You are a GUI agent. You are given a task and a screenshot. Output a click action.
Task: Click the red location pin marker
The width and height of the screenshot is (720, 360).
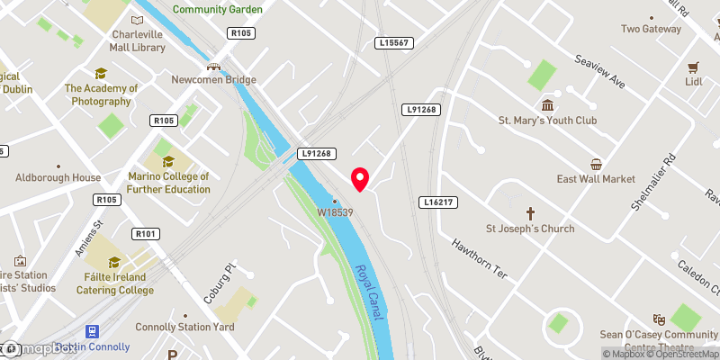pos(360,179)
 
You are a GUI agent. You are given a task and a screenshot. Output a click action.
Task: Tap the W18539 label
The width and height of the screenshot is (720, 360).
pos(333,212)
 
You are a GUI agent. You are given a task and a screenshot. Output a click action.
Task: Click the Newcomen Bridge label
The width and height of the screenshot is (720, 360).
pos(214,79)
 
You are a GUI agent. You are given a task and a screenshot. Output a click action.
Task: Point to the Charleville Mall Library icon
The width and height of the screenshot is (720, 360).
pos(137,20)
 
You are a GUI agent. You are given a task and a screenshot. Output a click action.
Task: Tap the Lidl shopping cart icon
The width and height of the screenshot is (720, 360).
pos(693,67)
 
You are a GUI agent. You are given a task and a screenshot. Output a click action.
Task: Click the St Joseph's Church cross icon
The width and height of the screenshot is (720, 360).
pos(530,213)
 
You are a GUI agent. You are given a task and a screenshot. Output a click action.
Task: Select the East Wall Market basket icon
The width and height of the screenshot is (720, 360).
pos(596,164)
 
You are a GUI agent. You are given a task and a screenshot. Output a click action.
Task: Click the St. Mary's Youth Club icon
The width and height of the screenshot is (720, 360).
pos(548,103)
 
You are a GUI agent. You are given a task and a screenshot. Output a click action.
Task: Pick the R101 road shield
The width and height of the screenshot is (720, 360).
pos(145,234)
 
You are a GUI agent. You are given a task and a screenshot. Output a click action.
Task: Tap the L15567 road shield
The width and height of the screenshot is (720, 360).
pos(393,43)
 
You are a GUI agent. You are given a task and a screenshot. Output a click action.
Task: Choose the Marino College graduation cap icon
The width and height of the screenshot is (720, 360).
pos(168,162)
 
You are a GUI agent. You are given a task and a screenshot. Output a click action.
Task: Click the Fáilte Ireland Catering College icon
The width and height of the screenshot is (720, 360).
pos(114,263)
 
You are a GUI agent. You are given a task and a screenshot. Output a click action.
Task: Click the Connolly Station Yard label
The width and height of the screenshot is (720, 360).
pos(184,327)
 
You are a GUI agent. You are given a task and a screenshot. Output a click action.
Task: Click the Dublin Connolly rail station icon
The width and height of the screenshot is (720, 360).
pos(92,331)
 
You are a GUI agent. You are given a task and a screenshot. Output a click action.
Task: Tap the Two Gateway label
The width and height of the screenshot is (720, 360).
pos(651,29)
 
